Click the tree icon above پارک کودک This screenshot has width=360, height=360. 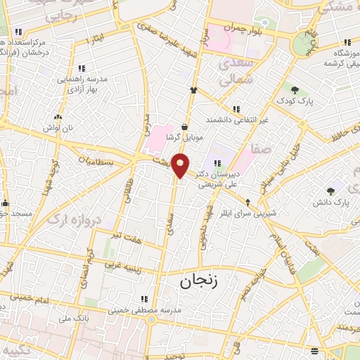click(295, 90)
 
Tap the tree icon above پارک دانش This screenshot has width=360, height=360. click(330, 191)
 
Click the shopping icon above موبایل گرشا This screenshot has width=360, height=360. click(184, 127)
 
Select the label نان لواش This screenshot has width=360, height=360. click(58, 128)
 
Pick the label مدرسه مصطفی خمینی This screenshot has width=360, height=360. click(145, 309)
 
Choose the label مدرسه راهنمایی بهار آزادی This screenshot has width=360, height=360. click(82, 83)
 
